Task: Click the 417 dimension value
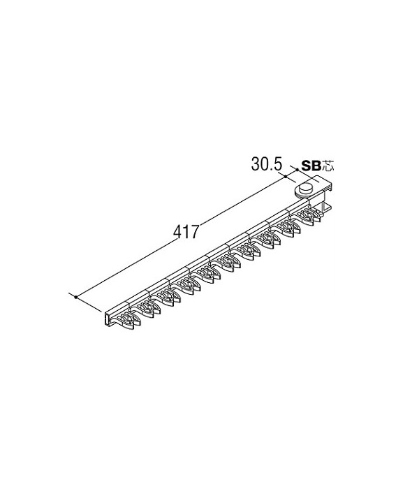[x=186, y=232]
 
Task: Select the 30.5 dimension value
[x=267, y=164]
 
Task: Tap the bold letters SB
[x=311, y=166]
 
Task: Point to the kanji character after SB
[x=328, y=166]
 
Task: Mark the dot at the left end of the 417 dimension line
[x=75, y=297]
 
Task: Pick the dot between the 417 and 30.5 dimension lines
[x=286, y=177]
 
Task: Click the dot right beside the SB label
[x=297, y=169]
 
